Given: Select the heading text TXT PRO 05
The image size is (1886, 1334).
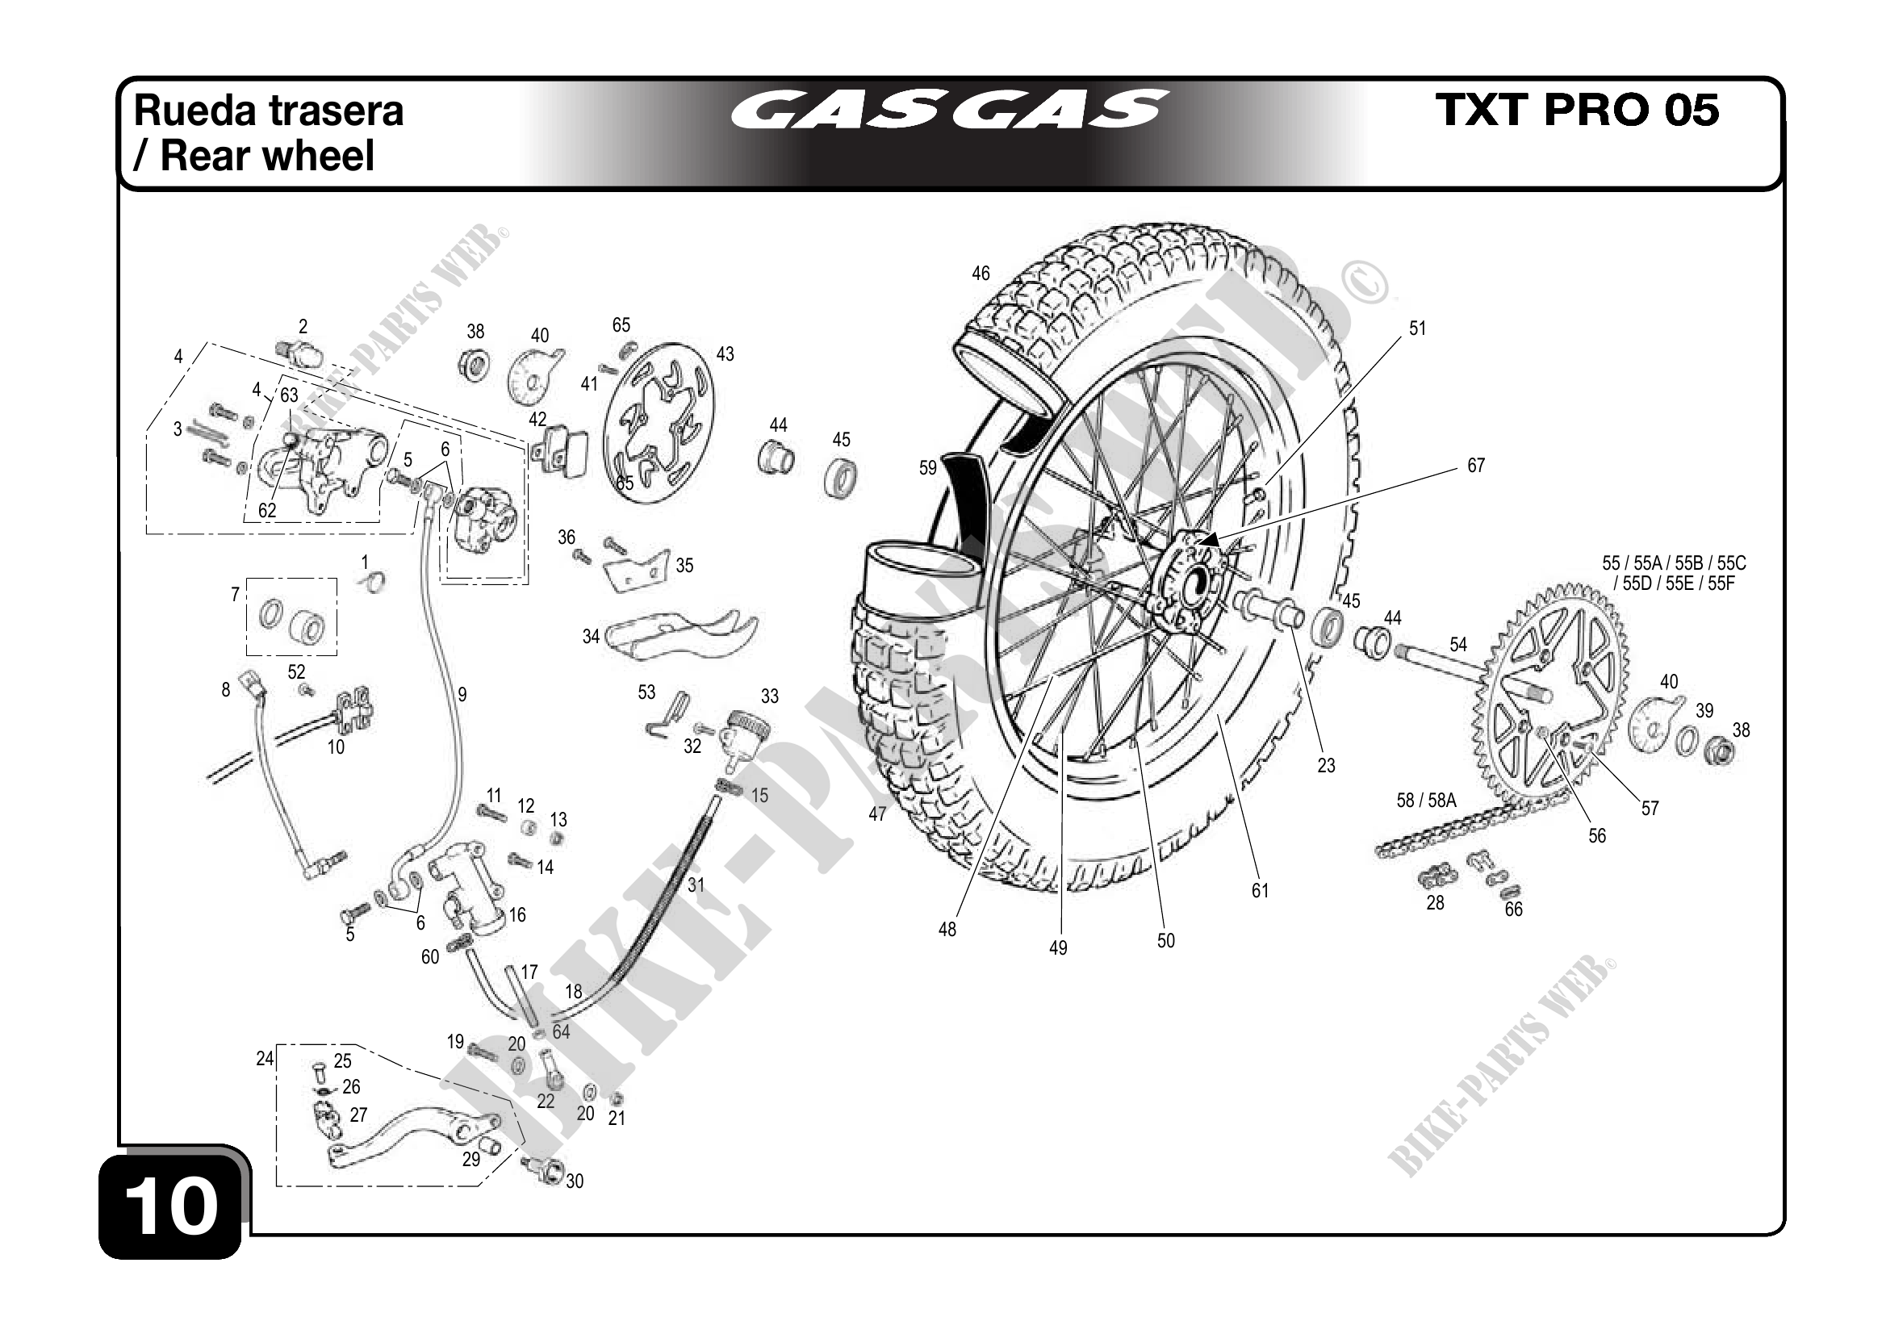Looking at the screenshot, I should click(1576, 109).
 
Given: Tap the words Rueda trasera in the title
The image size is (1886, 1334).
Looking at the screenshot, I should click(269, 111).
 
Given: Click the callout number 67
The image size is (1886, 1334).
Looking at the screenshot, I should click(1476, 466).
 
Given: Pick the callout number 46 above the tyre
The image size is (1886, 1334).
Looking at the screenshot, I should click(981, 274).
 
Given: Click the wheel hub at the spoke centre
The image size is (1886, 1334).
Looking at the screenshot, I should click(1190, 578).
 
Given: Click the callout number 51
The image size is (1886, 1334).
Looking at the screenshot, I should click(1418, 328).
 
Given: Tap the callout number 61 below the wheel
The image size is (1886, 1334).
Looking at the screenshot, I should click(1260, 890).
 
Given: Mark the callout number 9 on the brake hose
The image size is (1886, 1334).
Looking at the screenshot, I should click(462, 695).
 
